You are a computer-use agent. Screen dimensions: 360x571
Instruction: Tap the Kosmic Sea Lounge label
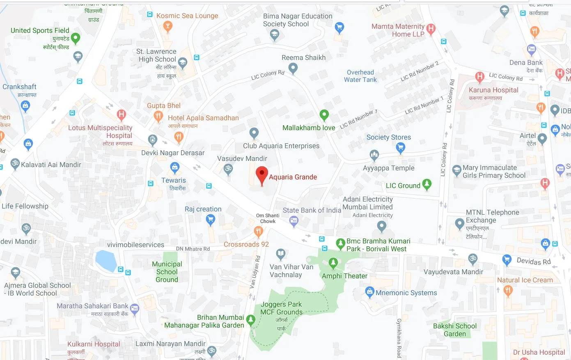[x=187, y=16]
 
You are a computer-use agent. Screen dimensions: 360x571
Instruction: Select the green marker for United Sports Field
[x=76, y=38]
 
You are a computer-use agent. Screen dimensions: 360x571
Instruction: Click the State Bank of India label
[x=312, y=210]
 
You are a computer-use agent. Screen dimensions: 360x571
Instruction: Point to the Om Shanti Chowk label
[x=268, y=218]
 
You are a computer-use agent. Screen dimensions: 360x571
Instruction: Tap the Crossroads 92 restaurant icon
[x=258, y=232]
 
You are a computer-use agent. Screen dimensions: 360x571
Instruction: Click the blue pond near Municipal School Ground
[x=106, y=261]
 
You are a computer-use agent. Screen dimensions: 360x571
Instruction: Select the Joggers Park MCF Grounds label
[x=281, y=308]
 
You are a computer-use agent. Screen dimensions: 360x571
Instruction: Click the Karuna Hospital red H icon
[x=479, y=76]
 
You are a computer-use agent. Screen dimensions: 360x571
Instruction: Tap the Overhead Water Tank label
[x=360, y=76]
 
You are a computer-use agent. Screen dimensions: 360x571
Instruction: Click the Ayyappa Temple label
[x=388, y=168]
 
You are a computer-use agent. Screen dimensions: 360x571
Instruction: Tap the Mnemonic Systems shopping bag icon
[x=369, y=292]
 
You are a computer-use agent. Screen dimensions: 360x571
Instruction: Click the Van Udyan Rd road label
[x=255, y=272]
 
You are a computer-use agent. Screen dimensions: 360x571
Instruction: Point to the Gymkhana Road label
[x=399, y=338]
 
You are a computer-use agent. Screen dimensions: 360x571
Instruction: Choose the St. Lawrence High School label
[x=156, y=55]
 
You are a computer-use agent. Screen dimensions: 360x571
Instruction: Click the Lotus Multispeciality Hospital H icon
[x=121, y=114]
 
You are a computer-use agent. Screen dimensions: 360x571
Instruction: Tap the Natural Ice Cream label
[x=525, y=280]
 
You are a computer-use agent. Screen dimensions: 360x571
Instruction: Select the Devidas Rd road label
[x=534, y=261]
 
